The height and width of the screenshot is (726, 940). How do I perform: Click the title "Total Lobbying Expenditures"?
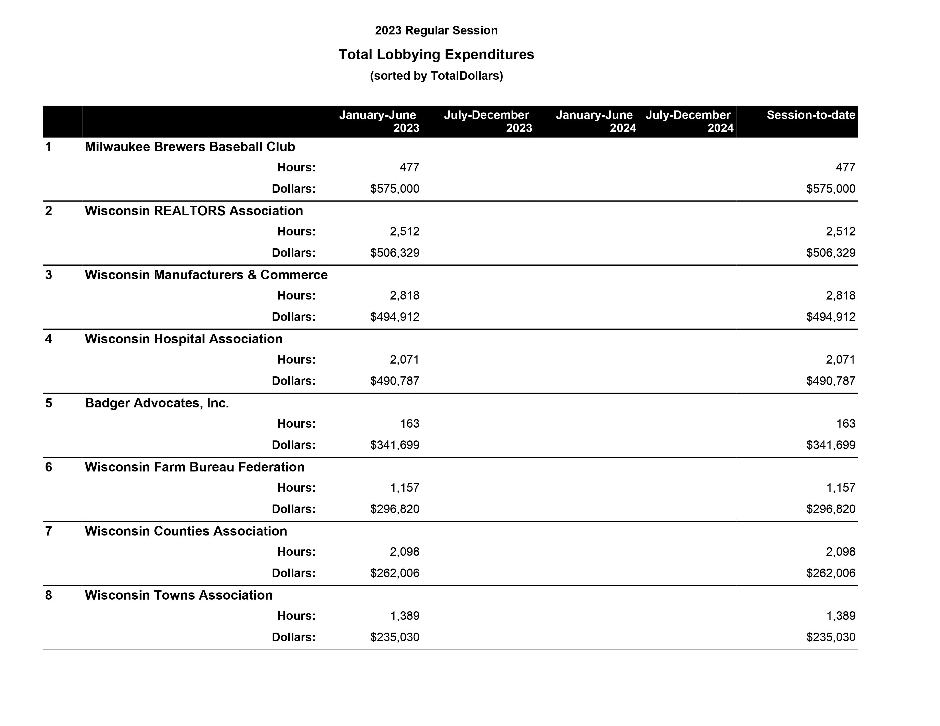click(x=436, y=55)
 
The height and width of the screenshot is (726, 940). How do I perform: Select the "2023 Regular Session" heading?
click(x=436, y=30)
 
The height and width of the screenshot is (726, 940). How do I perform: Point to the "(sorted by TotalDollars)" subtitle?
click(x=436, y=76)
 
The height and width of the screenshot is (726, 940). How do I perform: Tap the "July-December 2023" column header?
click(x=487, y=121)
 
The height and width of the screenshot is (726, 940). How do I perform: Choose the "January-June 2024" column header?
click(x=595, y=121)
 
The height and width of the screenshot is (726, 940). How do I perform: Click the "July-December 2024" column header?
click(x=689, y=121)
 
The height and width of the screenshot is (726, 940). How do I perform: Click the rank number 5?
click(x=49, y=403)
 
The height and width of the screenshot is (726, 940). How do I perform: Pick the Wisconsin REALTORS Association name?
click(x=194, y=211)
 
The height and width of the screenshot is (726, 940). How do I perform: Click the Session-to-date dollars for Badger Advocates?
click(x=830, y=445)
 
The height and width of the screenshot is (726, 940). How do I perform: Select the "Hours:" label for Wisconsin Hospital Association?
click(x=296, y=360)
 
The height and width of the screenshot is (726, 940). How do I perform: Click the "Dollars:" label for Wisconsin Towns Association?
click(x=293, y=637)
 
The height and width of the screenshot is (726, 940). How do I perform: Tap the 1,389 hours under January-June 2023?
click(x=404, y=616)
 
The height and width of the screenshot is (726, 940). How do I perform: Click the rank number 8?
click(x=49, y=595)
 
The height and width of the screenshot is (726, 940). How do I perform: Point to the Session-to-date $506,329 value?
click(x=830, y=253)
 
